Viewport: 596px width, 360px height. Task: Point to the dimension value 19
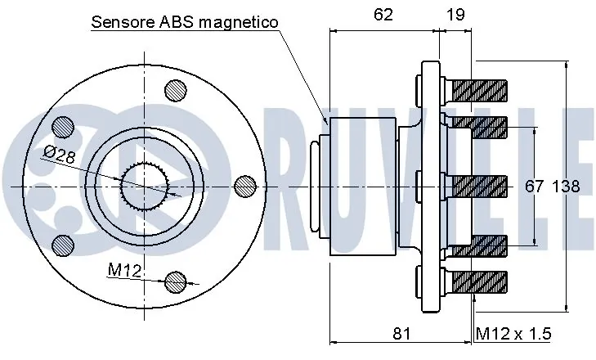click(x=456, y=14)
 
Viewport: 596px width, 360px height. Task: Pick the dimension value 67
click(x=534, y=187)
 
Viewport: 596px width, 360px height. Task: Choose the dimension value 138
click(x=566, y=187)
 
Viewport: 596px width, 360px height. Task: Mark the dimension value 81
click(x=401, y=334)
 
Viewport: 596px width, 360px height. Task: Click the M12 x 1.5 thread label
click(x=513, y=334)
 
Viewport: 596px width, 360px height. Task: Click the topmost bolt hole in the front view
click(x=176, y=90)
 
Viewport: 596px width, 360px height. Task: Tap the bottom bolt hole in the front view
click(x=176, y=282)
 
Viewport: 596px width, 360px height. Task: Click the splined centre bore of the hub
click(x=144, y=187)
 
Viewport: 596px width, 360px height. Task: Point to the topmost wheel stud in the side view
click(x=477, y=87)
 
